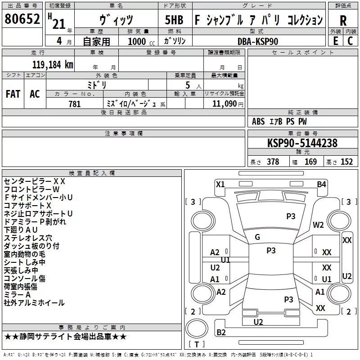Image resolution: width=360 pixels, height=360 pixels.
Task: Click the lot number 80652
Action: tap(22, 20)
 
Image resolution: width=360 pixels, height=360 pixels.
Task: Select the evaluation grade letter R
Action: tap(343, 20)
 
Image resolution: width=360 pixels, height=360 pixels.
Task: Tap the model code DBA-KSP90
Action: tap(258, 41)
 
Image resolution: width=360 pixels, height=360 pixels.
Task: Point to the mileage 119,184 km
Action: tap(53, 64)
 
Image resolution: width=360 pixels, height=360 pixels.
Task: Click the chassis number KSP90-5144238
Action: tap(302, 143)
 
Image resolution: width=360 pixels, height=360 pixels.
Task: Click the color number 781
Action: tap(75, 104)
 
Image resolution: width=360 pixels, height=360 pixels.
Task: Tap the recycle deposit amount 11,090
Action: tap(223, 104)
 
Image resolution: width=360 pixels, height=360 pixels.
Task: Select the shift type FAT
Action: tap(13, 94)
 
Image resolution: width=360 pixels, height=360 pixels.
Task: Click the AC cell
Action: tap(35, 94)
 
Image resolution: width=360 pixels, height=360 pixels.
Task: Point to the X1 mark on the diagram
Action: tap(220, 184)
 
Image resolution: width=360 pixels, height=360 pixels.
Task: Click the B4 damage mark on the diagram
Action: tap(321, 184)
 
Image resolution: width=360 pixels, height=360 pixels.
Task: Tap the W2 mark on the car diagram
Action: tap(319, 225)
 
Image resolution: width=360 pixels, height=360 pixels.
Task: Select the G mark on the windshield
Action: tap(257, 237)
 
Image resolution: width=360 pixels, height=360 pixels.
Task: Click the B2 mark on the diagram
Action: tap(221, 333)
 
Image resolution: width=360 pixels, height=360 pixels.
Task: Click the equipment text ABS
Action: tap(258, 121)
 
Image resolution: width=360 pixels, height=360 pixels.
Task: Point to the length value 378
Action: tap(273, 162)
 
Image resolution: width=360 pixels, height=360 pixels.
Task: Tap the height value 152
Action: tap(346, 162)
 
